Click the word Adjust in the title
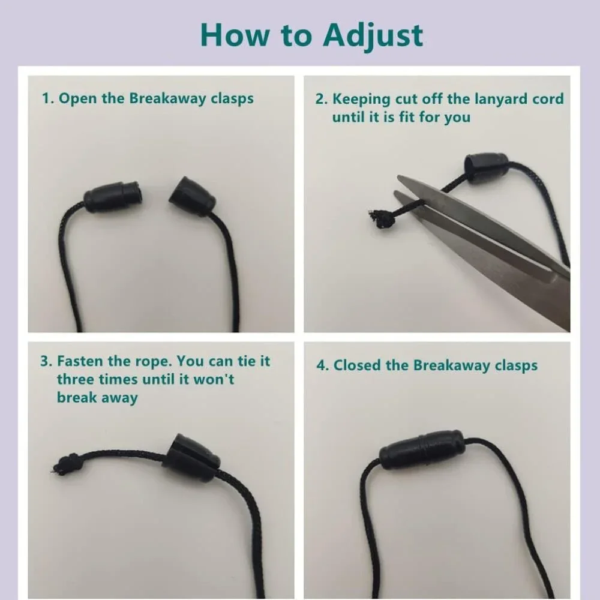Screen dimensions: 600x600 click(373, 36)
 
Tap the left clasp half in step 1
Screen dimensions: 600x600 click(113, 197)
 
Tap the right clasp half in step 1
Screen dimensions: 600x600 click(193, 196)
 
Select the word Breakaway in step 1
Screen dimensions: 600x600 click(168, 98)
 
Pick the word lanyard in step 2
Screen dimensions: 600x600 click(496, 99)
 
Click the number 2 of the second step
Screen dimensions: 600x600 click(320, 99)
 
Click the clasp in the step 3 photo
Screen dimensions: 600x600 click(191, 458)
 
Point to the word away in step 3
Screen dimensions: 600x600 click(119, 398)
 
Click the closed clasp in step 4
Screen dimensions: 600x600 click(422, 449)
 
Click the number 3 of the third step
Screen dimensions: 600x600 click(44, 361)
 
